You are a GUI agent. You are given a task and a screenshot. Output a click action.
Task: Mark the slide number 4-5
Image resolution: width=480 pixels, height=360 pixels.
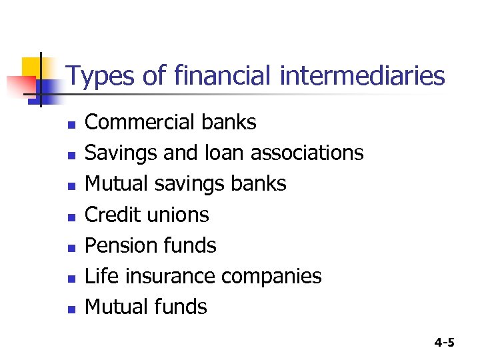click(x=444, y=343)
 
